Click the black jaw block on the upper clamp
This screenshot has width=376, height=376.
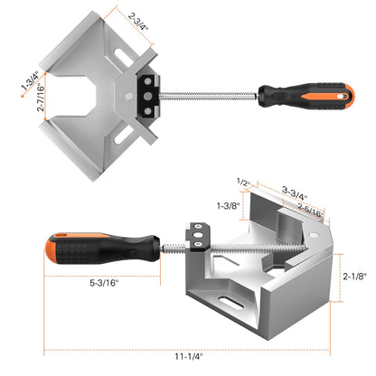pos(146,93)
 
